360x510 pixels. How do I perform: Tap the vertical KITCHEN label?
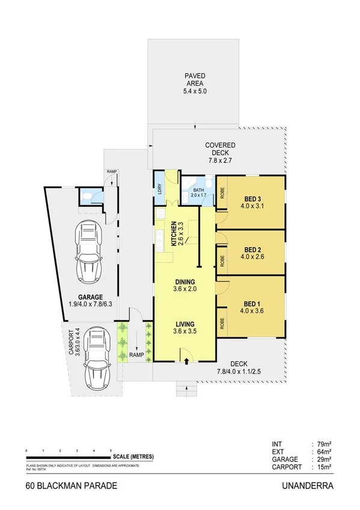pyautogui.click(x=174, y=234)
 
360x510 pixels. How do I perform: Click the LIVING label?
pyautogui.click(x=185, y=322)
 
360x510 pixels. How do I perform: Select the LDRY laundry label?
pyautogui.click(x=160, y=188)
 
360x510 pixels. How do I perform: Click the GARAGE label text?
pyautogui.click(x=90, y=296)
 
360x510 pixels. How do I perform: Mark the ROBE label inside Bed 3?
pyautogui.click(x=222, y=194)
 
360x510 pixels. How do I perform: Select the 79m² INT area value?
pyautogui.click(x=321, y=446)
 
